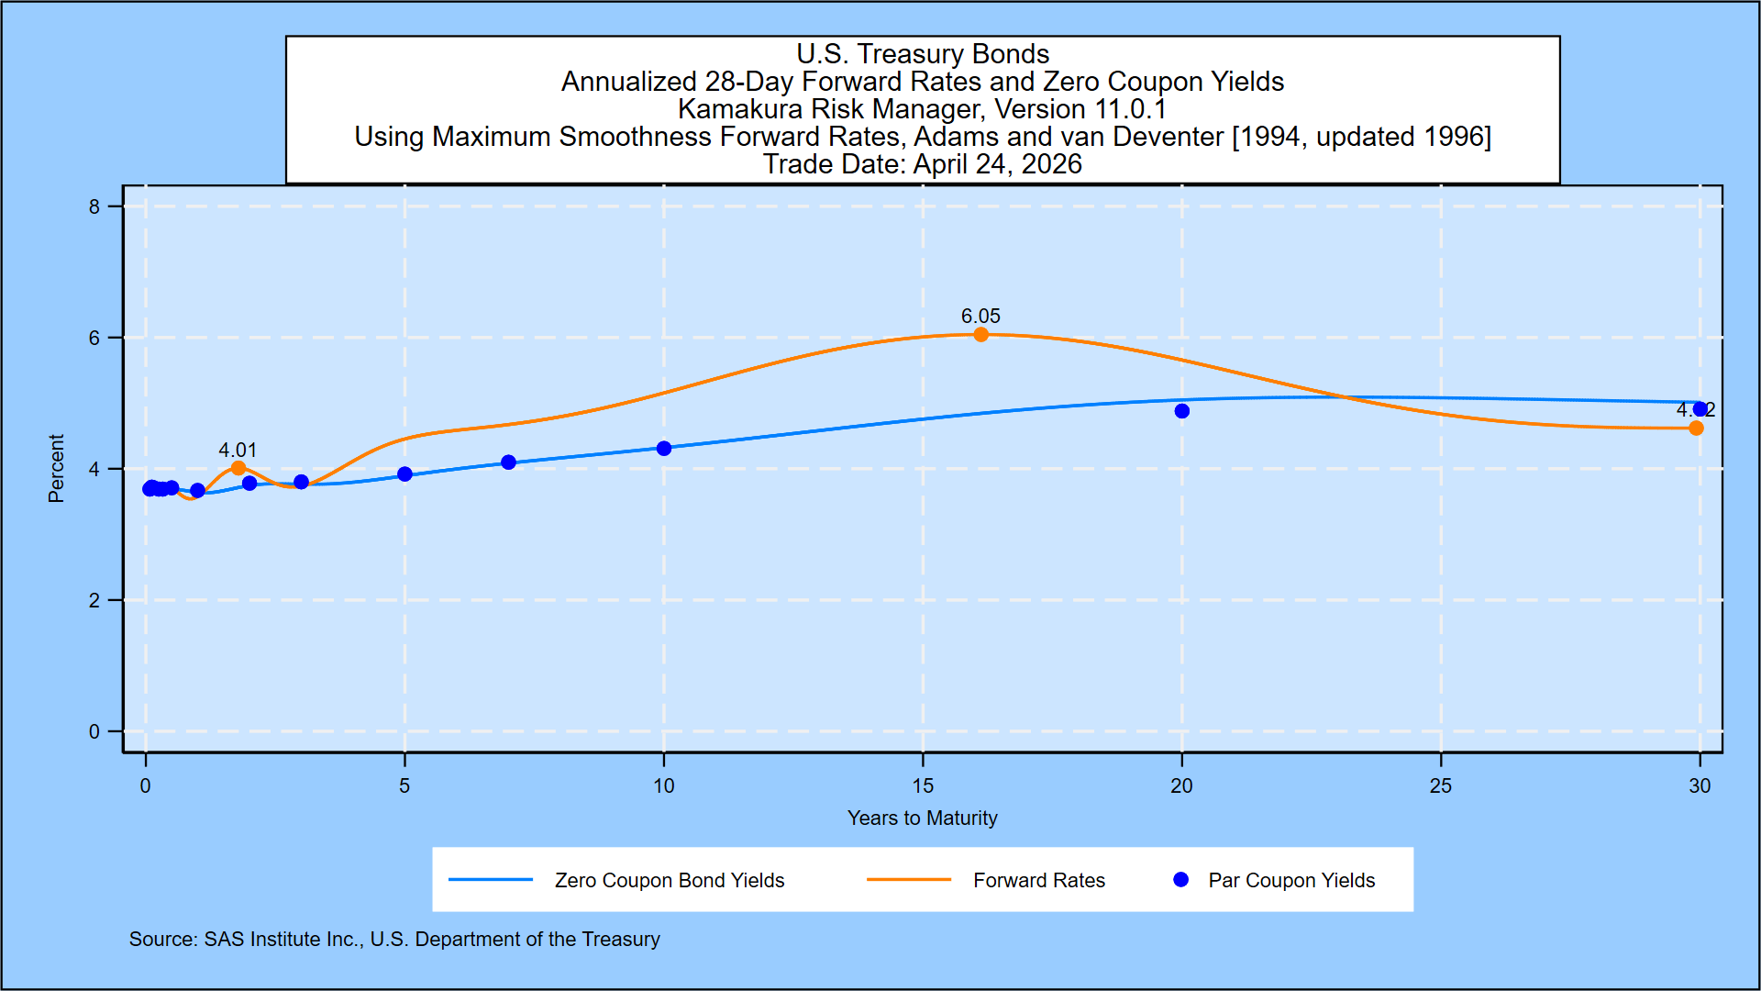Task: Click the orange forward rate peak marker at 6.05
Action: point(980,335)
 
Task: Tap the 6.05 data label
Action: point(980,316)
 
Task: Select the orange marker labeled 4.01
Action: point(238,468)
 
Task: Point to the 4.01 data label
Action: point(238,450)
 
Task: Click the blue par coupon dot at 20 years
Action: point(1181,411)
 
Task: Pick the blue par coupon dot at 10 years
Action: point(664,448)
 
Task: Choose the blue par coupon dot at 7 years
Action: point(508,462)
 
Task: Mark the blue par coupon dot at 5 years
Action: point(404,474)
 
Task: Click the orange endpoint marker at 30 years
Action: point(1696,429)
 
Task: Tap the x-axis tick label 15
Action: point(923,785)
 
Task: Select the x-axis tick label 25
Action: point(1441,785)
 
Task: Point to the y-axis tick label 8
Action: point(94,206)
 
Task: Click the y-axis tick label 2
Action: point(94,600)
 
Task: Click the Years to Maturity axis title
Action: point(922,818)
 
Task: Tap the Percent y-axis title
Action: point(56,468)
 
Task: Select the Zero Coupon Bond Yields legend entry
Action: point(669,880)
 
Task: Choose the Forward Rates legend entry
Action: point(1038,880)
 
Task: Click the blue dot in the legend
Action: point(1180,880)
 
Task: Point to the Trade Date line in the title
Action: point(922,164)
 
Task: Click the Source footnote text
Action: point(394,939)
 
